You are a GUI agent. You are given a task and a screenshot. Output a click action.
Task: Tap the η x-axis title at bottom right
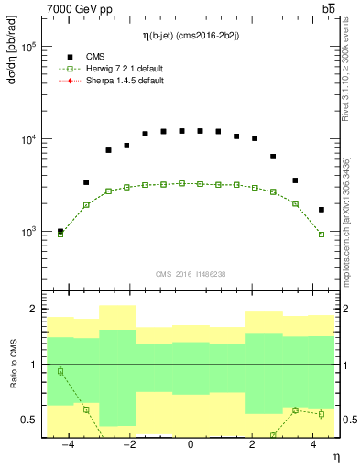click(334, 455)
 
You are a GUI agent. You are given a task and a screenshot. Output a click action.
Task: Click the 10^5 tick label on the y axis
click(26, 47)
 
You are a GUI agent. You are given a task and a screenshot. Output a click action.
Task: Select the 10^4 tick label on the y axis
click(26, 139)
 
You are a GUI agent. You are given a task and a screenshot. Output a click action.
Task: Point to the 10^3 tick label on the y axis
click(26, 232)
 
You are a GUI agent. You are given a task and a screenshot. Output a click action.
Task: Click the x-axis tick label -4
click(65, 444)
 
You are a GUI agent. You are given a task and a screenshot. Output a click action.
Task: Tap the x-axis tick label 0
click(191, 444)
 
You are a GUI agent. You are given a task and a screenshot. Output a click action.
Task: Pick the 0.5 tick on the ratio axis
click(28, 420)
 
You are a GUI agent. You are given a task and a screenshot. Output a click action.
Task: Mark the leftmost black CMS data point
click(60, 231)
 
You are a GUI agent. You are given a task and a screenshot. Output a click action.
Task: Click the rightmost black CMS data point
click(321, 210)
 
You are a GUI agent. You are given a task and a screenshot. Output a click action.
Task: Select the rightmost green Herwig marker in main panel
click(321, 234)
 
